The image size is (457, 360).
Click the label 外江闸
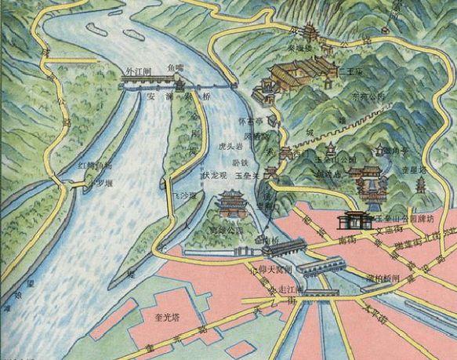click(x=138, y=70)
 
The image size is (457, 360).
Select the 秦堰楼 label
click(x=301, y=46)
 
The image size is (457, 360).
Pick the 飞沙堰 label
click(x=186, y=192)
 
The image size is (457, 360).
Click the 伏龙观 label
click(x=214, y=176)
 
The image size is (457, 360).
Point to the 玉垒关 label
click(x=248, y=176)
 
